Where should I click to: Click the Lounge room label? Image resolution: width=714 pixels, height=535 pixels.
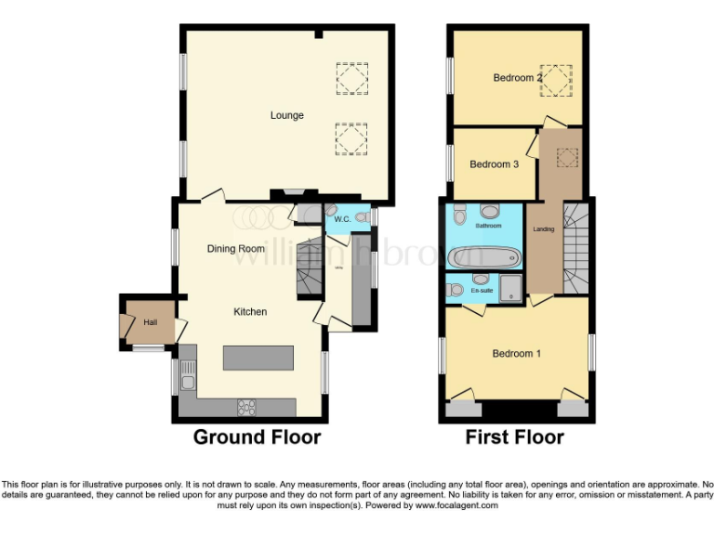[286, 115]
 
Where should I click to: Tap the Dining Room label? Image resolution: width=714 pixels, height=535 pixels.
[235, 249]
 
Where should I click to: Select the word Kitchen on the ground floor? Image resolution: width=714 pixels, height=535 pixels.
[250, 312]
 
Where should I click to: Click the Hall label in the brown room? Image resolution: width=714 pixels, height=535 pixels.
[151, 322]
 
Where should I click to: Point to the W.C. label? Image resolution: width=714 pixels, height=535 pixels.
[336, 219]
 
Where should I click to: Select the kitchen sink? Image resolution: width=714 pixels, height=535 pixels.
[188, 375]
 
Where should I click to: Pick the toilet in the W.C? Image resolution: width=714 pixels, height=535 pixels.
[362, 217]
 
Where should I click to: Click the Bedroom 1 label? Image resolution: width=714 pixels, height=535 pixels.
[516, 354]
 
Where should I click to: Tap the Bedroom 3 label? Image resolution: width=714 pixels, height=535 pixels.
[494, 164]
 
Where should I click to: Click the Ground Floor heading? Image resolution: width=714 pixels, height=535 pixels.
[257, 437]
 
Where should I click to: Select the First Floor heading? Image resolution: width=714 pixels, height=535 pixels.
[514, 437]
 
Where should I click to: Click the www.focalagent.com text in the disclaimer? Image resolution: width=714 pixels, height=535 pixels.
[456, 505]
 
